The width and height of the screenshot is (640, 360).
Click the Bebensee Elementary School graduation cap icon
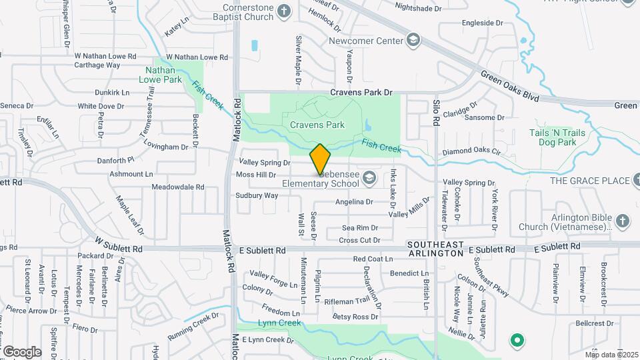pos(369,178)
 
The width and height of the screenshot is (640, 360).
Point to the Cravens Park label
pos(317,125)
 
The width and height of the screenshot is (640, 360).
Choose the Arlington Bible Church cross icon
pos(621,221)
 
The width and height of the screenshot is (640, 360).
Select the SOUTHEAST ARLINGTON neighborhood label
pos(436,249)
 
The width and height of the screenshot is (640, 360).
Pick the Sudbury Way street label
pos(256,196)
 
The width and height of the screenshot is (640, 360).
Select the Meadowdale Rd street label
pos(177,187)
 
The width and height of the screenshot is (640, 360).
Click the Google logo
pos(21,351)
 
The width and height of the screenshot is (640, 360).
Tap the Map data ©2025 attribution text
pos(611,354)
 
